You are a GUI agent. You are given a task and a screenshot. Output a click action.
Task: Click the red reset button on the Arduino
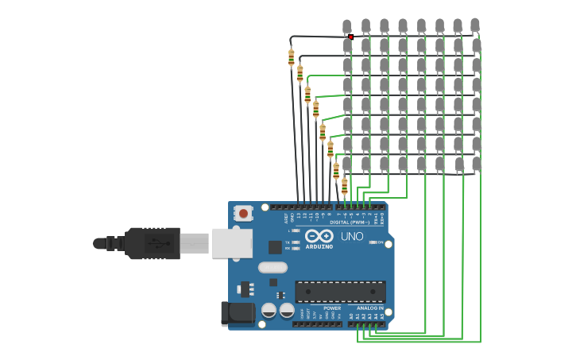[243, 214]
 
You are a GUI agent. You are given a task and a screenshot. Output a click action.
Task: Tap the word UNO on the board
[352, 236]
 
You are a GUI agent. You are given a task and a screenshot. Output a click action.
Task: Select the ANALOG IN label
[369, 308]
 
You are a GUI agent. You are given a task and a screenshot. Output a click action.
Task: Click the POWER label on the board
[332, 308]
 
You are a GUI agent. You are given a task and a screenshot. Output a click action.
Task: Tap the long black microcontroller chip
[340, 291]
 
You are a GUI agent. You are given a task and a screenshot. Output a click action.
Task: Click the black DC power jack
[236, 314]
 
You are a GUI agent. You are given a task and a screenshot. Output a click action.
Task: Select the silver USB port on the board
[231, 242]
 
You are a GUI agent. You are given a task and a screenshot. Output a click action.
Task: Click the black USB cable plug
[151, 243]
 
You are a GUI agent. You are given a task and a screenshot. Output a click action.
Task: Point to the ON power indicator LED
[373, 242]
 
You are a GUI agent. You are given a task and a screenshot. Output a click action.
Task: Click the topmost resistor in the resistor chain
[292, 57]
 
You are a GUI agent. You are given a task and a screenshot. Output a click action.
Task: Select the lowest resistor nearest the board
[344, 186]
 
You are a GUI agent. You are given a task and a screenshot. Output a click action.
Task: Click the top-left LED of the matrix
[346, 27]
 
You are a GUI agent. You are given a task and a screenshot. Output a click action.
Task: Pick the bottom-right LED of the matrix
[476, 165]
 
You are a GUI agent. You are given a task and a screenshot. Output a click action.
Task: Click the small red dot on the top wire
[350, 37]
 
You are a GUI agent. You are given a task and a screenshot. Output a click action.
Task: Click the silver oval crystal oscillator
[273, 267]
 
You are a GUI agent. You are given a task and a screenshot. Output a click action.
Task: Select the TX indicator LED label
[288, 242]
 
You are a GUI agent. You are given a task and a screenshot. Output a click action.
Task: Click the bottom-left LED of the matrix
[347, 165]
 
